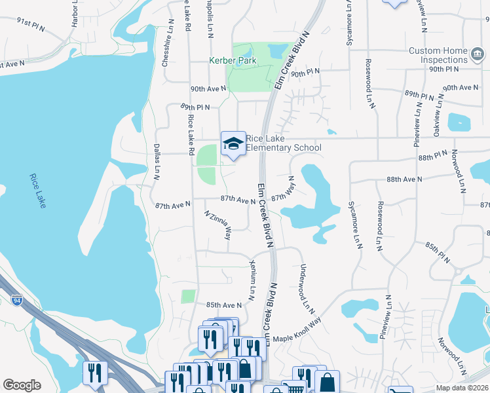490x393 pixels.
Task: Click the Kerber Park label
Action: pyautogui.click(x=232, y=61)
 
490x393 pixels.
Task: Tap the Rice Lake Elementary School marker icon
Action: pyautogui.click(x=233, y=143)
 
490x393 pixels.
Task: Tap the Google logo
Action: pyautogui.click(x=22, y=385)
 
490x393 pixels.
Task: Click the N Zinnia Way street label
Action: pyautogui.click(x=218, y=225)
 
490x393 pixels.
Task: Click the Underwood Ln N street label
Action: pyautogui.click(x=304, y=288)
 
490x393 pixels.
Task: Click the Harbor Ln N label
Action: pyautogui.click(x=75, y=14)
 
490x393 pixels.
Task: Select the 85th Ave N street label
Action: pyautogui.click(x=224, y=305)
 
